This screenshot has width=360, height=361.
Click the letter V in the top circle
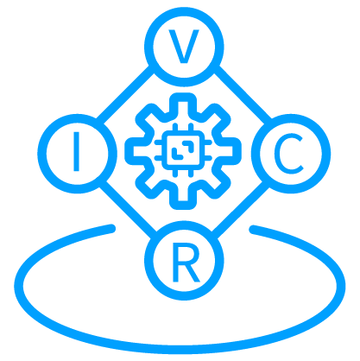(184, 47)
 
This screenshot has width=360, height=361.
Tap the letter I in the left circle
(76, 151)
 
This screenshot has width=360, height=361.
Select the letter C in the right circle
(288, 155)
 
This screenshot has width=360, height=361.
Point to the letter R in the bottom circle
(186, 263)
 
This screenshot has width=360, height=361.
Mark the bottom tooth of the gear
(183, 198)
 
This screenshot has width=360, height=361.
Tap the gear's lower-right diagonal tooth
(217, 184)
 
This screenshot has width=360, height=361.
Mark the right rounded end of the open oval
(253, 230)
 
